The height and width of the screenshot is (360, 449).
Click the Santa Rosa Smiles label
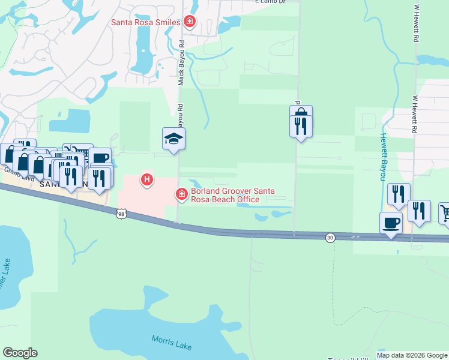click(x=146, y=23)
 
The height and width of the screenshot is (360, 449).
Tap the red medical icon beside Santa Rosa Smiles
click(x=190, y=22)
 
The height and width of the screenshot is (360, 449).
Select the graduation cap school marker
click(x=174, y=139)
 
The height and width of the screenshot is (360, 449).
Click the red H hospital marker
click(x=146, y=179)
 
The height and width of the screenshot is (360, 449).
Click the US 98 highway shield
click(x=122, y=214)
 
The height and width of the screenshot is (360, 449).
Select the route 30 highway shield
click(x=330, y=238)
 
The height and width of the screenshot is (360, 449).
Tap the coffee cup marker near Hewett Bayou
click(x=391, y=223)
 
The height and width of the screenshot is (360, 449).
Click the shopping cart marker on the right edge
click(x=445, y=212)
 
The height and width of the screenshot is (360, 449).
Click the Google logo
click(x=20, y=353)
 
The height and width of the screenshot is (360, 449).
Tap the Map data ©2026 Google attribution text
click(x=412, y=355)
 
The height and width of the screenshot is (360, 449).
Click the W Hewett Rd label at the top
click(x=415, y=24)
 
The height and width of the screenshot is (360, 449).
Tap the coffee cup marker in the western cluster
click(x=100, y=159)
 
